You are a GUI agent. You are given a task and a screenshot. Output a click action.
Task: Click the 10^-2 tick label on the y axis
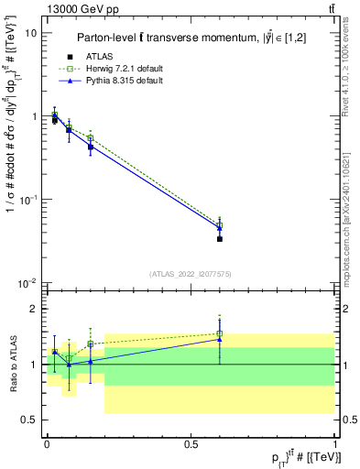(28, 283)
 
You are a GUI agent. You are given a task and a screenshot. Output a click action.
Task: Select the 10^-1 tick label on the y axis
(28, 200)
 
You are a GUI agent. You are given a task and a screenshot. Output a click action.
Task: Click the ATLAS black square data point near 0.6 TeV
(220, 238)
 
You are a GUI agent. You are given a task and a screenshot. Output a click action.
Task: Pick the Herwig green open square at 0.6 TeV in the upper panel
(220, 224)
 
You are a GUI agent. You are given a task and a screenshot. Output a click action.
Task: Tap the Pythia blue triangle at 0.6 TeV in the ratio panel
(220, 340)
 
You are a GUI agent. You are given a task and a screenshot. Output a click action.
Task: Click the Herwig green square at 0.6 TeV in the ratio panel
(220, 333)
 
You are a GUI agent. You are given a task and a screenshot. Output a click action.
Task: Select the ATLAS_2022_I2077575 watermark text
(190, 274)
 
